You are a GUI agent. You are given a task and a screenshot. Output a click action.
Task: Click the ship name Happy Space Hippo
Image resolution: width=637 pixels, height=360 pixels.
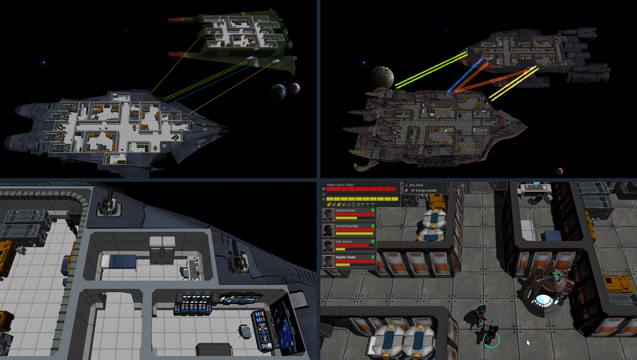pos(340,185)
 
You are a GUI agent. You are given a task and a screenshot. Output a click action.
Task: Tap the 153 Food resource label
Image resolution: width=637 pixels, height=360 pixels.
pos(416,185)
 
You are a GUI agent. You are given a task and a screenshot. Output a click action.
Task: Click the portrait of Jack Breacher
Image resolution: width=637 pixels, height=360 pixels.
pos(328,214)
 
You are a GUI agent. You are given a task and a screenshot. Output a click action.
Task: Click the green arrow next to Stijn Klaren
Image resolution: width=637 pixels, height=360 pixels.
pos(373,241)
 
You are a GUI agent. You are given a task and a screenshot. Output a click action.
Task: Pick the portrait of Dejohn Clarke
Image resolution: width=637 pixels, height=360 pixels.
pos(328,261)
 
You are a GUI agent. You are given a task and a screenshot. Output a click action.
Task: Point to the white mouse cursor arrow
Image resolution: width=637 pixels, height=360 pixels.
pos(528,342)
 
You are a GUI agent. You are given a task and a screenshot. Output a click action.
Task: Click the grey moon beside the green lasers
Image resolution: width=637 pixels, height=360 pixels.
pos(382,77)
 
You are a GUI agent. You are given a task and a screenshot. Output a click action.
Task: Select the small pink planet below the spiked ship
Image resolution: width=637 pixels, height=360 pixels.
pos(559,171)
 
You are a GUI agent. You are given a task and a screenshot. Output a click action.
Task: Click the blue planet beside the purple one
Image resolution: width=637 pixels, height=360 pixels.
pos(278,91)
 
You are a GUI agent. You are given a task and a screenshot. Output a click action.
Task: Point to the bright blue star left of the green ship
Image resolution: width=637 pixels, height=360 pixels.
pos(44,62)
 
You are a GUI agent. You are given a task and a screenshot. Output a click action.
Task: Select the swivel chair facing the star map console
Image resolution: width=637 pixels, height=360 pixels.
pos(245,331)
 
